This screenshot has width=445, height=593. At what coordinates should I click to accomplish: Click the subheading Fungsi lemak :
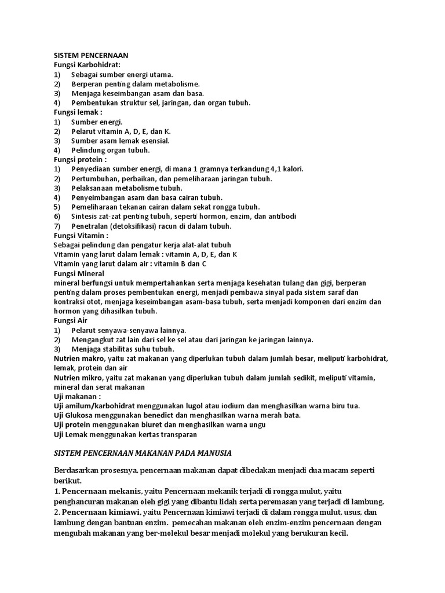[x=78, y=112]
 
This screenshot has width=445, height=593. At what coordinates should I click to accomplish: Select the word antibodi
[x=280, y=216]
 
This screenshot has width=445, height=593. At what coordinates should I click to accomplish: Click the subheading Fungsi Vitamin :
[x=81, y=236]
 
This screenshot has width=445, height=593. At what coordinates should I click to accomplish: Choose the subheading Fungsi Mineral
[x=79, y=273]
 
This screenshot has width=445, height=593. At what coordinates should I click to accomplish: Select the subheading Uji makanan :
[x=77, y=397]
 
